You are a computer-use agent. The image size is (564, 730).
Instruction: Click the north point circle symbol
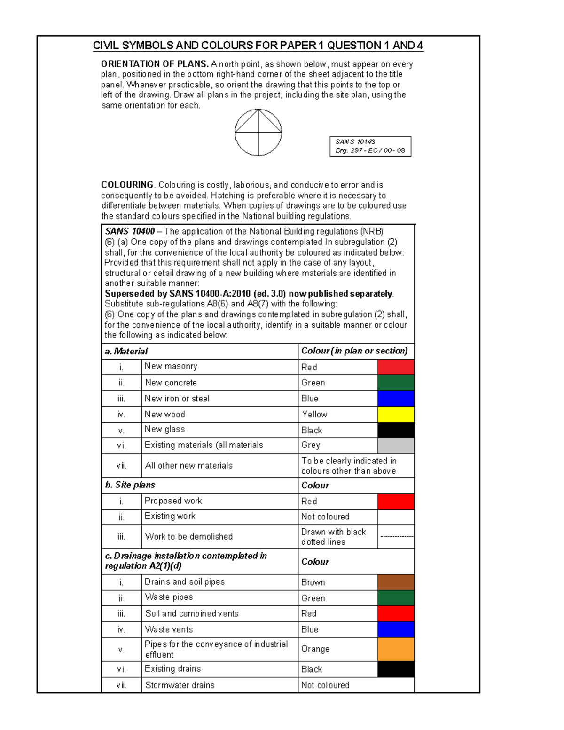coord(258,133)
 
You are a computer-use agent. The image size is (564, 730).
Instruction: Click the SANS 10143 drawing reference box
coord(370,146)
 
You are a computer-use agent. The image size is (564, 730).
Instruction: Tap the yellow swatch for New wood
coord(396,414)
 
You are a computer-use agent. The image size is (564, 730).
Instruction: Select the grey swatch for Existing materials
coord(396,445)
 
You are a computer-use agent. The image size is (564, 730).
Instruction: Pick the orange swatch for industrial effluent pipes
coord(396,649)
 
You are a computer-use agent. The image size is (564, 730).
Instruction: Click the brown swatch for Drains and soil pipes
coord(396,582)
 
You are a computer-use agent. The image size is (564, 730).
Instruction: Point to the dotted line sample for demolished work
coord(396,536)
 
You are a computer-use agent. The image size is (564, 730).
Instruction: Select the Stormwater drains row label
coord(180,685)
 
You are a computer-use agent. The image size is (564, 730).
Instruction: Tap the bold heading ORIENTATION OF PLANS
coord(155,64)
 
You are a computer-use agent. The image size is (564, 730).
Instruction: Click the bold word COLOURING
coord(127,185)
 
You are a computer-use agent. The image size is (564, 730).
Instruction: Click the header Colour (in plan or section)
coord(354,351)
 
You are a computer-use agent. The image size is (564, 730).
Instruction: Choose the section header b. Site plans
coord(130,485)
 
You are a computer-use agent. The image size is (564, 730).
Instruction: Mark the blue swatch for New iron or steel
coord(396,398)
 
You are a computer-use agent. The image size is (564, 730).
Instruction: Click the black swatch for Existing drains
coord(396,669)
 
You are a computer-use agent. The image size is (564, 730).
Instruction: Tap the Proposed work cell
coord(173,501)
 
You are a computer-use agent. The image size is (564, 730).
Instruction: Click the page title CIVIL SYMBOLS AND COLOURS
coord(258,46)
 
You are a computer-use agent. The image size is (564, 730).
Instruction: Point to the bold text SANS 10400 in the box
coord(130,231)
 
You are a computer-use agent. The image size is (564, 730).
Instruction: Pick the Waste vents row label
coord(169,629)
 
